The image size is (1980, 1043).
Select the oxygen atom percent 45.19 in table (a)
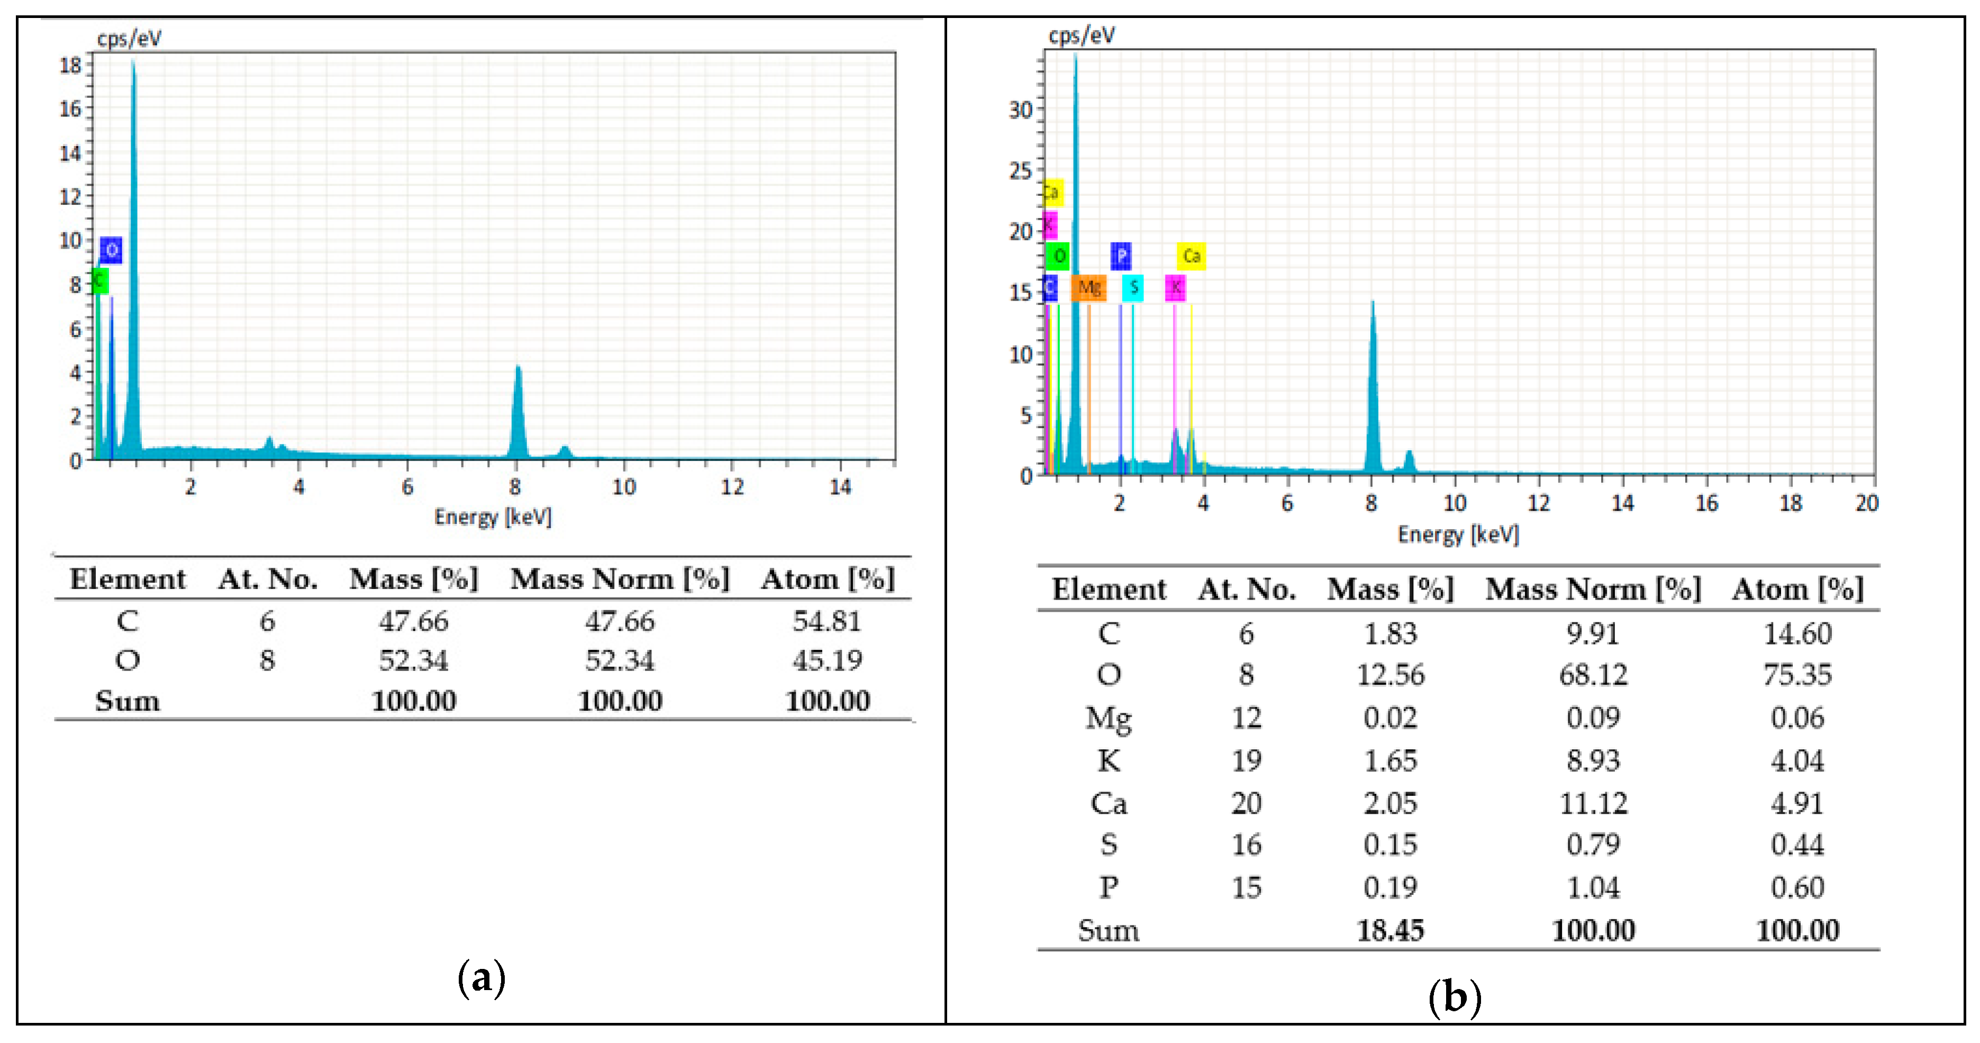[x=827, y=660]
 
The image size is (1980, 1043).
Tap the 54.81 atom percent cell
[x=827, y=621]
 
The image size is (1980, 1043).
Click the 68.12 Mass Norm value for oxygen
[x=1593, y=675]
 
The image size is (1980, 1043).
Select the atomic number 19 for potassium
[x=1246, y=761]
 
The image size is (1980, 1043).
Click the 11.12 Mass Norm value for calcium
[x=1593, y=804]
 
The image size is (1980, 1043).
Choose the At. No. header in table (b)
[x=1246, y=589]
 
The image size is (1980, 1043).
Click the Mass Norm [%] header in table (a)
[x=620, y=579]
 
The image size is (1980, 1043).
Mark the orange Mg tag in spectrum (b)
[x=1088, y=287]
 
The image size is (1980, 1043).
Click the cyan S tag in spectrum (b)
[x=1133, y=287]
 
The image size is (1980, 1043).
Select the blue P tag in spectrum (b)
[x=1121, y=255]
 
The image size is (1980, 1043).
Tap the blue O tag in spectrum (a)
[x=112, y=250]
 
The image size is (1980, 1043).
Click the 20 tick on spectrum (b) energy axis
[x=1866, y=503]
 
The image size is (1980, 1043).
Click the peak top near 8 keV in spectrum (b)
[x=1373, y=302]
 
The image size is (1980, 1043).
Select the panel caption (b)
[x=1454, y=997]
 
